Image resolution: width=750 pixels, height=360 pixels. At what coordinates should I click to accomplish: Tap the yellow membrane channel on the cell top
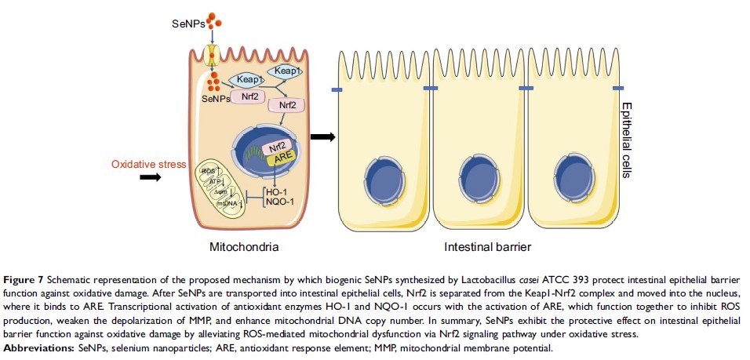210,55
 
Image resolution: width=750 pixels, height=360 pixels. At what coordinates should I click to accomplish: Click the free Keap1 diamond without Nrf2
286,71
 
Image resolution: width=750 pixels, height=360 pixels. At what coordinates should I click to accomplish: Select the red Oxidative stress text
148,164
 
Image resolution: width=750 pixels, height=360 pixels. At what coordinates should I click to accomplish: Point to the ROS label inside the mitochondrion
208,170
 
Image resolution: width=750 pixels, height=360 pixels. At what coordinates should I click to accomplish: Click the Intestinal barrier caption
488,247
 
